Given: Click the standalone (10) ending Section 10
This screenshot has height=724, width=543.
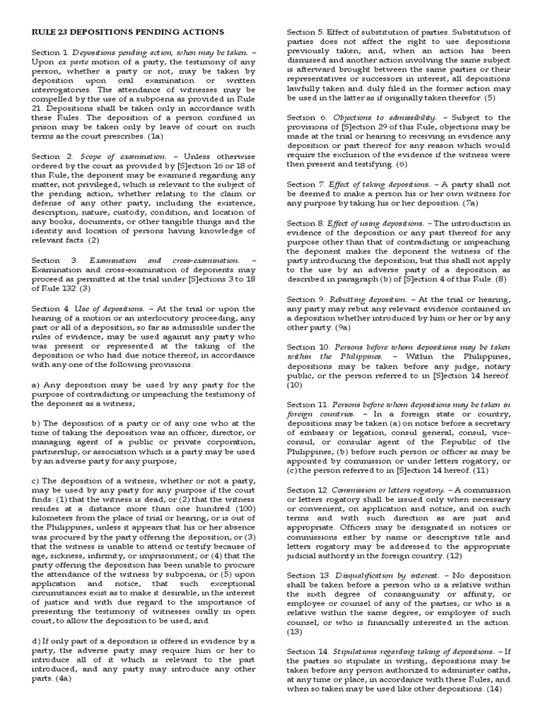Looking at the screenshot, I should [x=295, y=385].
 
